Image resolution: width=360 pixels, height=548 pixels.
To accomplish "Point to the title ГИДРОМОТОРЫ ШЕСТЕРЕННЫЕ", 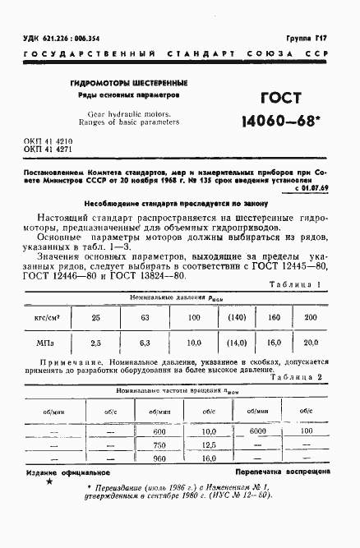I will coord(128,83).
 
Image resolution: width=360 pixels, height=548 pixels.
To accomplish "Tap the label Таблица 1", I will coord(299,285).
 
